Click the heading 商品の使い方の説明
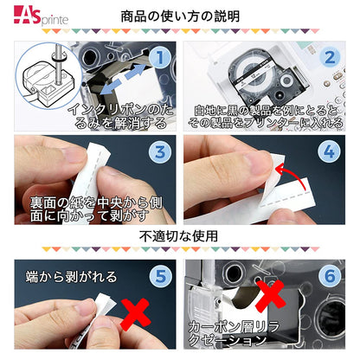pyautogui.click(x=179, y=16)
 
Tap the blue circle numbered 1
pyautogui.click(x=157, y=58)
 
